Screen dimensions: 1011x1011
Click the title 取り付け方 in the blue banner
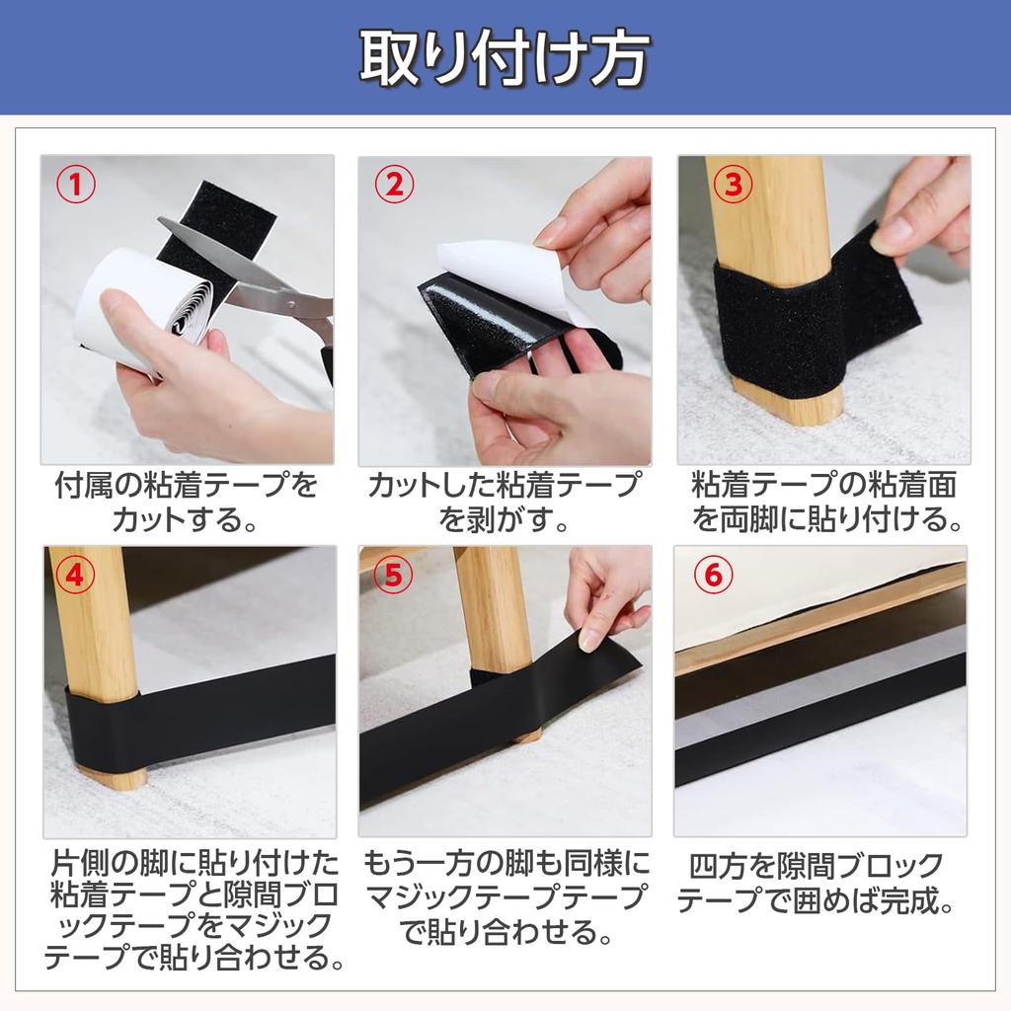[504, 58]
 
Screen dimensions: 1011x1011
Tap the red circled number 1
[76, 185]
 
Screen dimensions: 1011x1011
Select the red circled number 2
[395, 185]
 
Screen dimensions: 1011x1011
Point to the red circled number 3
[734, 185]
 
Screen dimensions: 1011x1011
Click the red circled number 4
[76, 576]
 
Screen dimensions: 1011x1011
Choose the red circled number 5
[393, 576]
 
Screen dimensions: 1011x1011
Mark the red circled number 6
[713, 576]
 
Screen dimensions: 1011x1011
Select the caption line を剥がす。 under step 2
[504, 519]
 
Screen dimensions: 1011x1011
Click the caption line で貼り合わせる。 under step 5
[505, 932]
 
